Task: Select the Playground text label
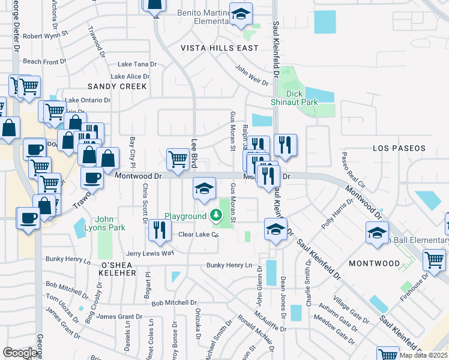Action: tap(185, 216)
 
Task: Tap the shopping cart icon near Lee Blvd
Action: tap(178, 159)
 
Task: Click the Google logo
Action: tap(20, 353)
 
